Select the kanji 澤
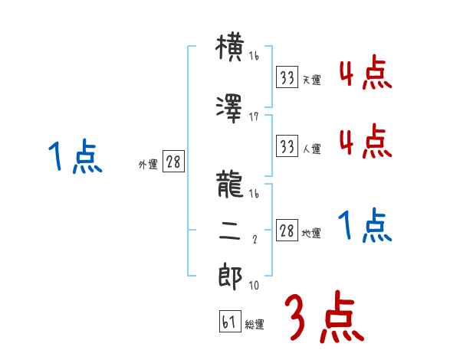[x=230, y=107]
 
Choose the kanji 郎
[x=230, y=277]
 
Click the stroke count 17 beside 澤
[x=254, y=116]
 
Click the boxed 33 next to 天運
[x=287, y=77]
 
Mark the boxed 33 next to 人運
[x=287, y=146]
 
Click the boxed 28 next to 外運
[x=173, y=162]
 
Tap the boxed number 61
[x=228, y=322]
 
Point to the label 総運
[x=255, y=325]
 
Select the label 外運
[x=147, y=164]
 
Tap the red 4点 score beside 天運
[x=364, y=73]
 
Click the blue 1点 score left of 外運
[x=75, y=157]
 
